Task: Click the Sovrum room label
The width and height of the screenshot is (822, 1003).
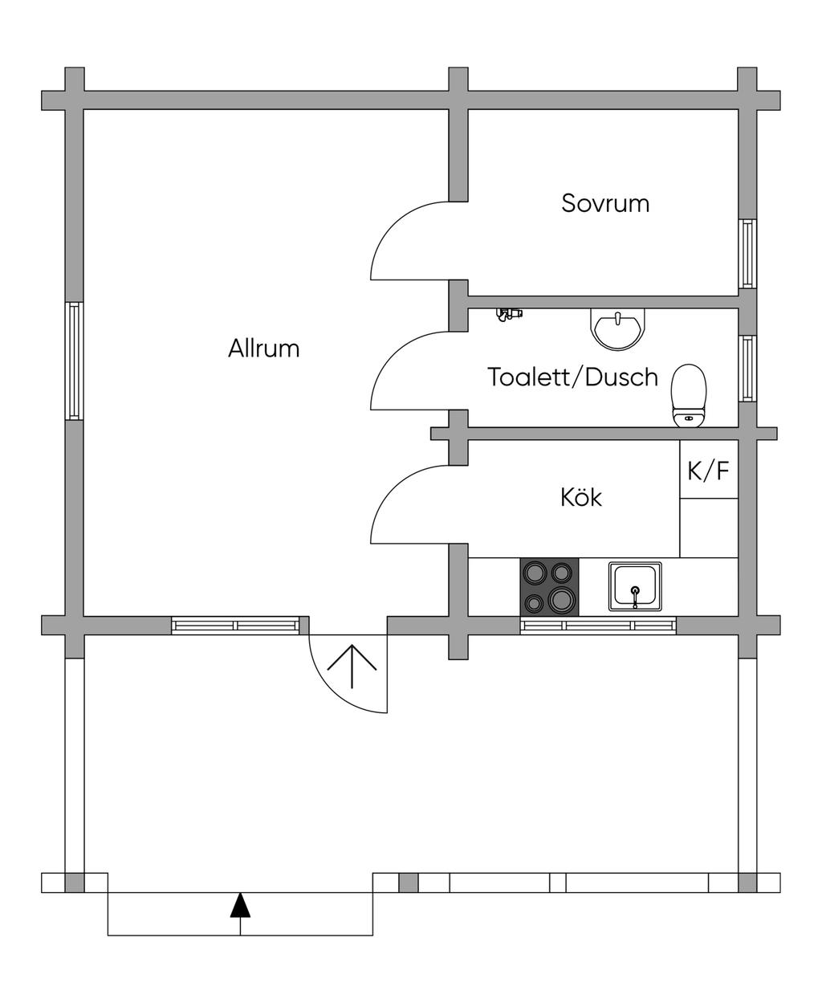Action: tap(605, 203)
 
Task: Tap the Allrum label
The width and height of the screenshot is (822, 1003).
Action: tap(264, 349)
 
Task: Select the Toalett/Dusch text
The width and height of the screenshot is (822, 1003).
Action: tap(573, 377)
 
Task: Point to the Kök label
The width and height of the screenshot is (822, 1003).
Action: tap(581, 497)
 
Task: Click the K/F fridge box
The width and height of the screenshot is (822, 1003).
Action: tap(708, 470)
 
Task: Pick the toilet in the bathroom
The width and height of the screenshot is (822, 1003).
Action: tap(689, 395)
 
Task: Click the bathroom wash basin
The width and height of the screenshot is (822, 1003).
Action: tap(618, 329)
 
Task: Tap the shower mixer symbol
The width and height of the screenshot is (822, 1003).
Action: tap(509, 314)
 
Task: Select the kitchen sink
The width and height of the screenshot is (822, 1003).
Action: tap(635, 586)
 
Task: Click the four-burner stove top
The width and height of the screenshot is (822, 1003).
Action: tap(550, 587)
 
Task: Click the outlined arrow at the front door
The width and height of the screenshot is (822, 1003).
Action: tap(352, 667)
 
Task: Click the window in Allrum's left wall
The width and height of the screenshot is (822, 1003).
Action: tap(74, 361)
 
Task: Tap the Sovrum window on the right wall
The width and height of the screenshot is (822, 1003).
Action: tap(747, 254)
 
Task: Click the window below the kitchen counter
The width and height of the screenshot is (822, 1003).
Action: tap(598, 626)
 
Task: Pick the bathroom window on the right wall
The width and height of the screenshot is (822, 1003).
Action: tap(747, 369)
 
